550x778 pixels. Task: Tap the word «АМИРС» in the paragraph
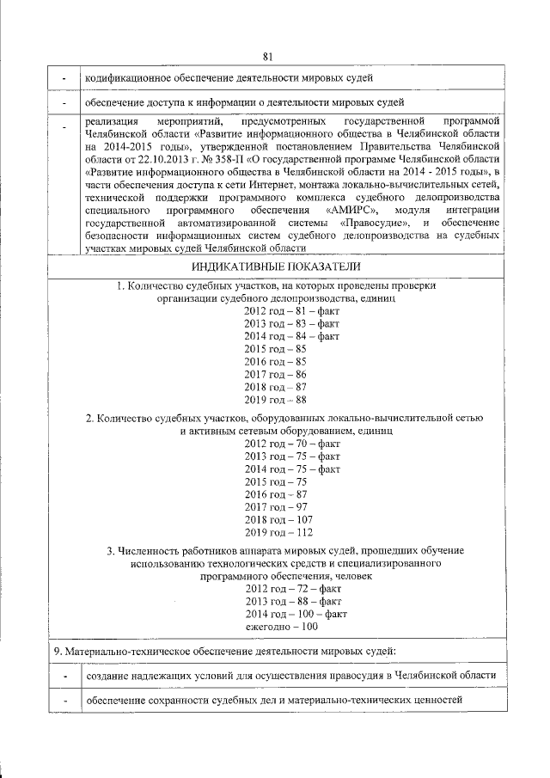coord(349,210)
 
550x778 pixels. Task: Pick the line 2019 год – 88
coord(275,400)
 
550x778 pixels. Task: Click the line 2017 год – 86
coord(275,374)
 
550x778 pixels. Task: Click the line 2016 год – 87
coord(275,495)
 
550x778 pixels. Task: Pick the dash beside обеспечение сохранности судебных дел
coord(64,702)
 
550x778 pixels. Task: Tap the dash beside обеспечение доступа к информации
coord(64,105)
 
